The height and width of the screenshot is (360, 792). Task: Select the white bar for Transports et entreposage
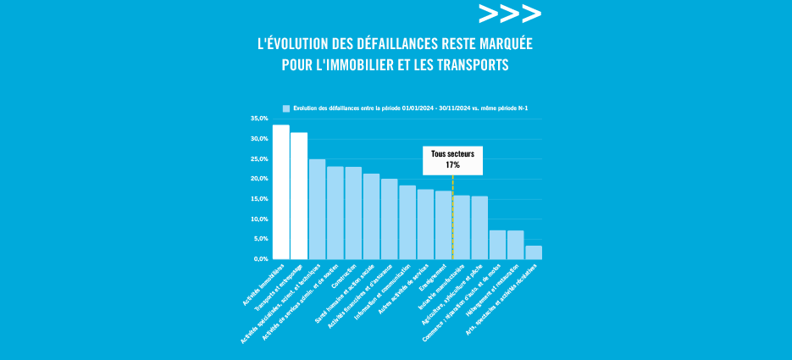(x=299, y=196)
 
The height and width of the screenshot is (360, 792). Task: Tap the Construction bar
(x=353, y=213)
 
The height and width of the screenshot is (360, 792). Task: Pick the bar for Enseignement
(x=443, y=224)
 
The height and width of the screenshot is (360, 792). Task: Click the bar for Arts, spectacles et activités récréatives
(x=534, y=252)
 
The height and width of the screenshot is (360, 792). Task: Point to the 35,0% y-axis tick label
(x=259, y=119)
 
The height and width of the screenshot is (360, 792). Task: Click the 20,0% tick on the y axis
(x=259, y=179)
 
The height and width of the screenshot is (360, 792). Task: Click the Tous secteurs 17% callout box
(x=452, y=160)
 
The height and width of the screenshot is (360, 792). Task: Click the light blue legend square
(x=286, y=108)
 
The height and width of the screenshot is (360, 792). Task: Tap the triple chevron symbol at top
(x=509, y=14)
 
